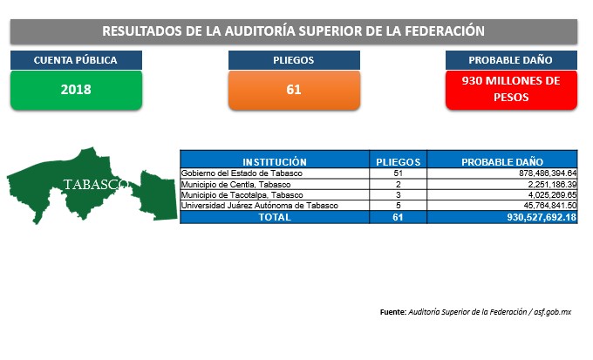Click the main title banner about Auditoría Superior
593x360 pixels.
294,31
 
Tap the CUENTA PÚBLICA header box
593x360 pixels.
76,60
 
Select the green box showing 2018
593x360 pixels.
76,90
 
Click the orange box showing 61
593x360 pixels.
294,90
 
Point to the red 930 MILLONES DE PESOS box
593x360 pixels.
511,90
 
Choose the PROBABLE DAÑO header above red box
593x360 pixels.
511,60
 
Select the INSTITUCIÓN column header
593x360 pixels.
275,162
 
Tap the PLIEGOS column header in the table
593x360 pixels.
398,162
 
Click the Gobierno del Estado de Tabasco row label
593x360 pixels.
242,173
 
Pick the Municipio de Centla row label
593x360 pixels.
235,185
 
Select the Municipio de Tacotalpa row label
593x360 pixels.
242,195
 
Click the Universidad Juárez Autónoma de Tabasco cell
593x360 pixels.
260,206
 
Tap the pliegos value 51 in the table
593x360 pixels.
398,173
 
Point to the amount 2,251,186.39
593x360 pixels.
553,185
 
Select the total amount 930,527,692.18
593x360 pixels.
542,217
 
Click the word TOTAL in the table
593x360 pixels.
275,217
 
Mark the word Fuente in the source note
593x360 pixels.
393,312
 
